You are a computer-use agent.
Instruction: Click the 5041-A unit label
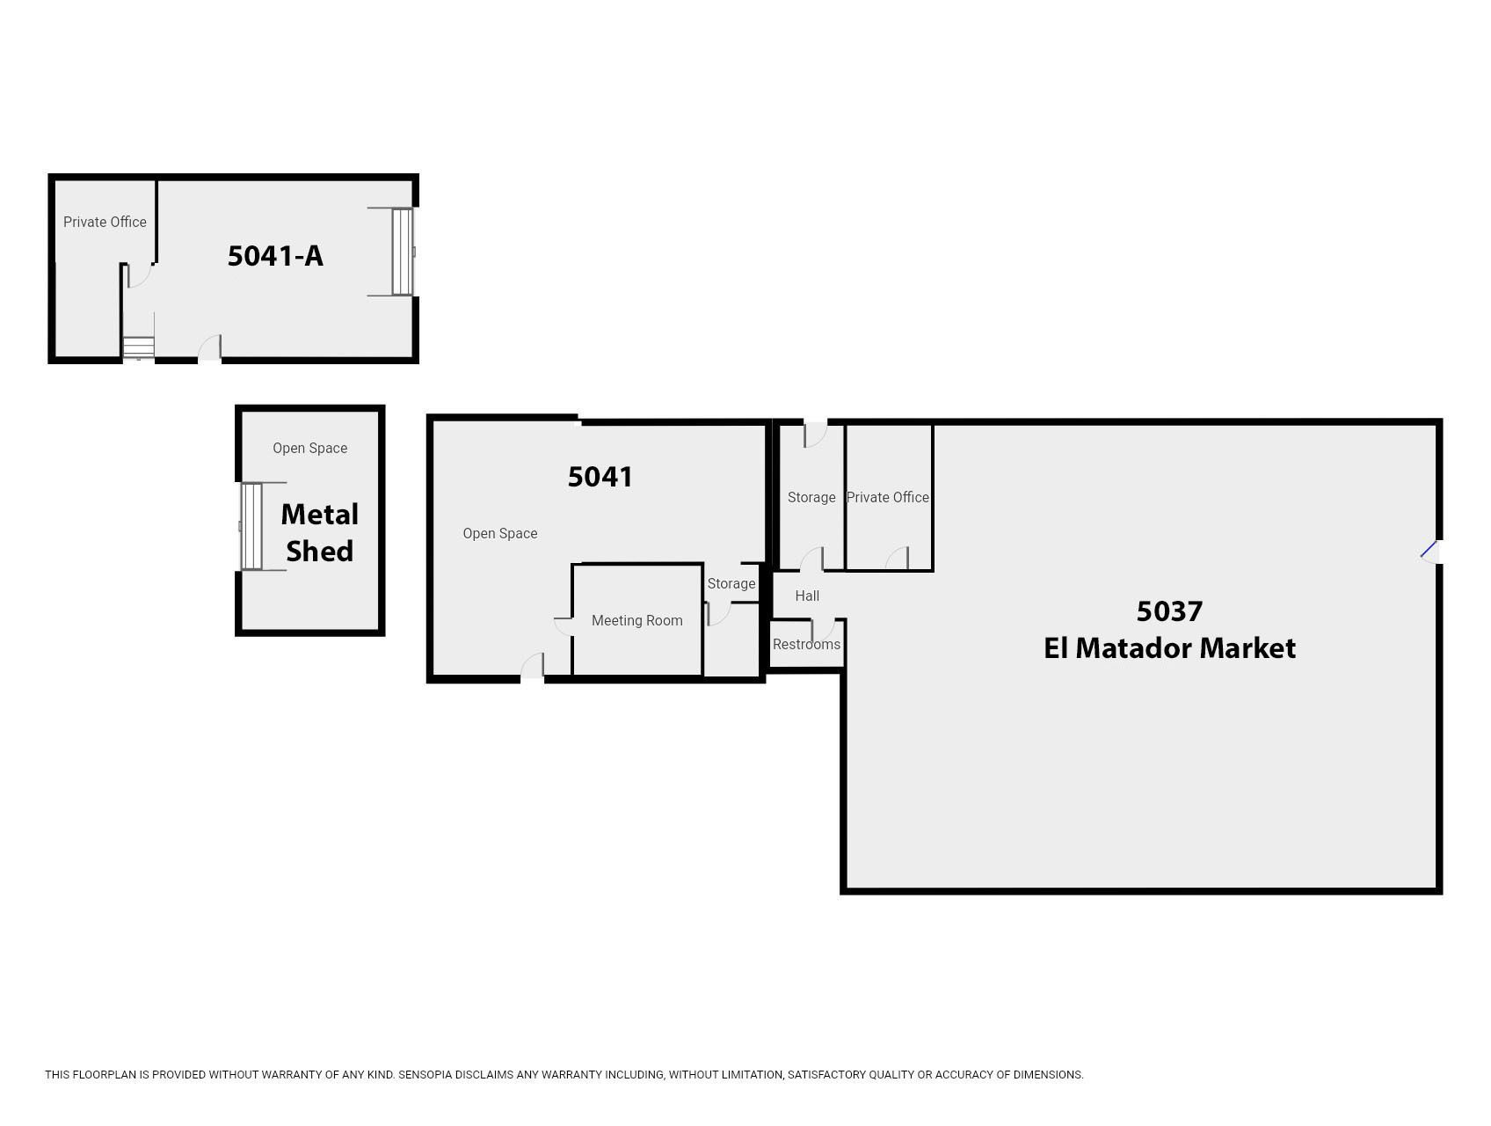(x=275, y=256)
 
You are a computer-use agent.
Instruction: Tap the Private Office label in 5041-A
(x=105, y=222)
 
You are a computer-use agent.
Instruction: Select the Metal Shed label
(x=319, y=532)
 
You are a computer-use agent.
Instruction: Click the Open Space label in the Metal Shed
(x=309, y=448)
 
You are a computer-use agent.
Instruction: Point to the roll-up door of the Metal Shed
(x=251, y=526)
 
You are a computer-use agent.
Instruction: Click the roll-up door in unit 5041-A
(x=403, y=252)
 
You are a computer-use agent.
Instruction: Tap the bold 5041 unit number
(x=600, y=477)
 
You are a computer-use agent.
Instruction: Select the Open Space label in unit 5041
(x=500, y=533)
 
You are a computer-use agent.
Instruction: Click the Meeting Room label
(x=637, y=620)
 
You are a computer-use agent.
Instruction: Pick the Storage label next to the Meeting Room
(x=731, y=583)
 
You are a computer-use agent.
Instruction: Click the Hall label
(x=807, y=596)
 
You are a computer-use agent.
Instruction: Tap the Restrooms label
(x=806, y=644)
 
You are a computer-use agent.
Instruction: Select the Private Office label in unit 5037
(x=888, y=497)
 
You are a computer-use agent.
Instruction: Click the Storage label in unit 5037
(x=811, y=497)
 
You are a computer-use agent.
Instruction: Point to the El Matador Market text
(x=1169, y=648)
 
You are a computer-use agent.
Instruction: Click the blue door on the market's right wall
(x=1429, y=551)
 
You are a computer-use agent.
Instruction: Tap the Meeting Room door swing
(x=564, y=626)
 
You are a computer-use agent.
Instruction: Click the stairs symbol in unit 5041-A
(x=138, y=347)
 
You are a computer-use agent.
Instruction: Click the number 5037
(x=1169, y=611)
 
